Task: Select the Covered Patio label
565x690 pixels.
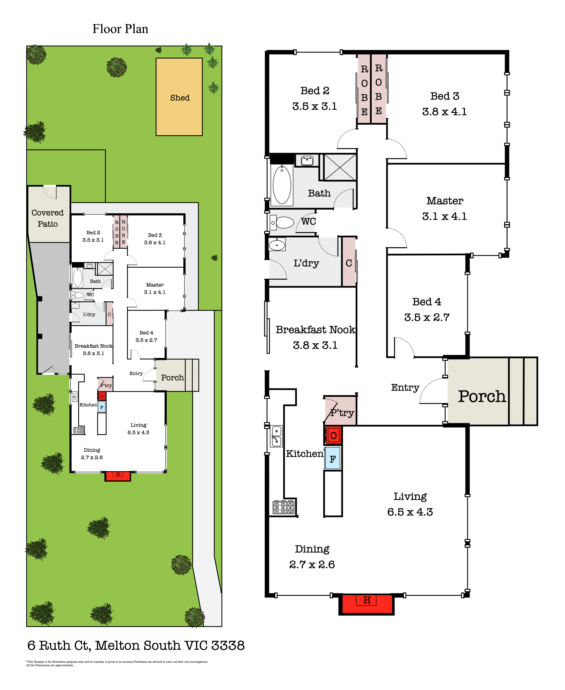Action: tap(48, 218)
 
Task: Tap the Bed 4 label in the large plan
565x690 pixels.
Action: tap(427, 302)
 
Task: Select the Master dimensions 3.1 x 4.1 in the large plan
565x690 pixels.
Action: tap(445, 216)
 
